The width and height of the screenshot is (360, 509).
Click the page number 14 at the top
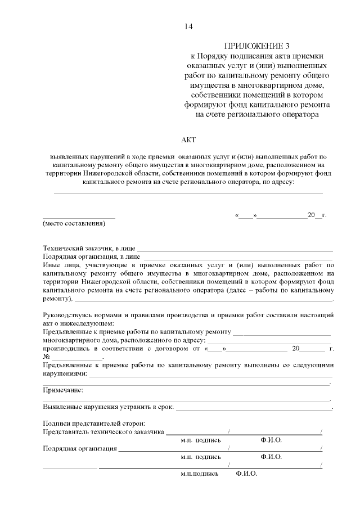pos(188,26)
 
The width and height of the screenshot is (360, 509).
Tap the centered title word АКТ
pos(188,140)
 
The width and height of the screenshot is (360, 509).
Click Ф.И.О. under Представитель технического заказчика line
pos(271,440)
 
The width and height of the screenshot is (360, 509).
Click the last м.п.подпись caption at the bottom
pos(199,474)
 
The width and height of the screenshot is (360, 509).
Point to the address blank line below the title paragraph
pos(188,193)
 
